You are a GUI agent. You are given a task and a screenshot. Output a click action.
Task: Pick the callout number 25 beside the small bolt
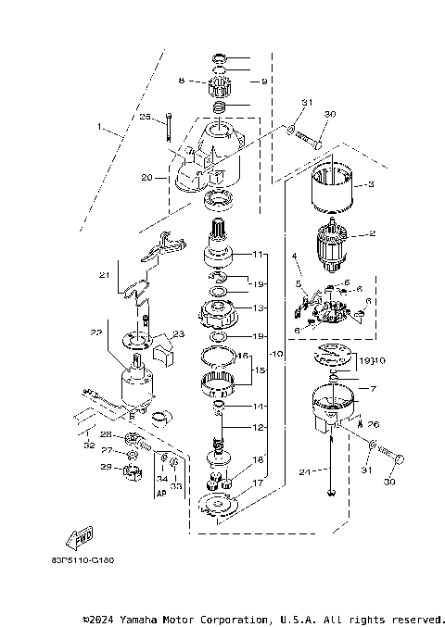[x=145, y=117]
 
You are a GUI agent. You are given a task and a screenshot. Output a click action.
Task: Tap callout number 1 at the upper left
[x=98, y=125]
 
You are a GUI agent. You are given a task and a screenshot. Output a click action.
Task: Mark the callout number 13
[x=260, y=307]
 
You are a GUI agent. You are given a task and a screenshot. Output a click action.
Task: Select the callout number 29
[x=106, y=469]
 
